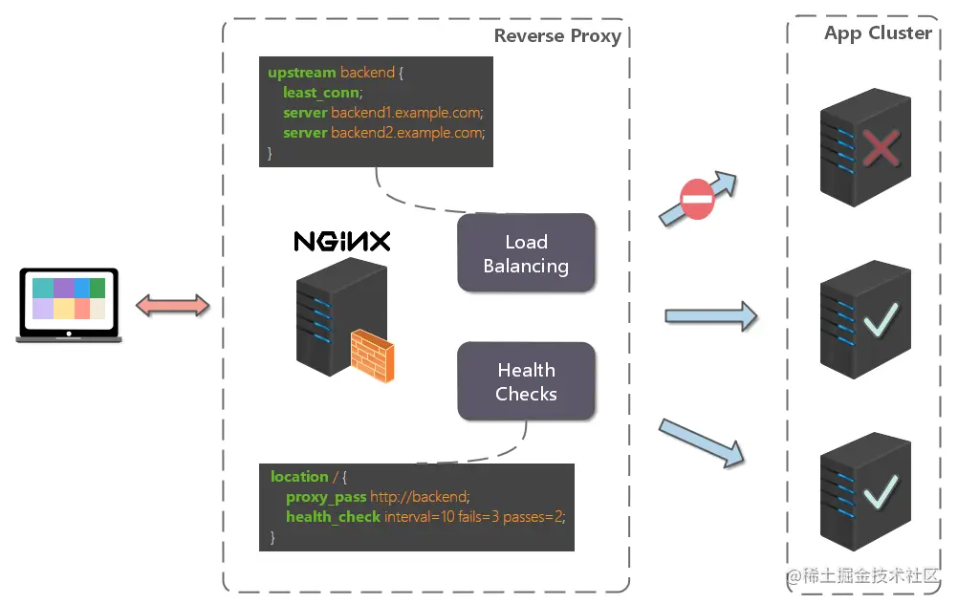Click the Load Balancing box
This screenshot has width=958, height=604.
[526, 253]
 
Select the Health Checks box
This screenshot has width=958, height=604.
[526, 381]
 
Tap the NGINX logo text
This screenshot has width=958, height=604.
[341, 241]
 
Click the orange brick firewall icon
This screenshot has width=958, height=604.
[371, 356]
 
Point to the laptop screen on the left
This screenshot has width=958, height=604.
[68, 299]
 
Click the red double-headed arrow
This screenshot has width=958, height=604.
[172, 306]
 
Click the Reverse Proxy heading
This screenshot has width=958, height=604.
[557, 36]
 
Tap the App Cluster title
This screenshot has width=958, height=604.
[878, 33]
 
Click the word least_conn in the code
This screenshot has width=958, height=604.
[320, 93]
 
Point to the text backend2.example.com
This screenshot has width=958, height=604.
[407, 133]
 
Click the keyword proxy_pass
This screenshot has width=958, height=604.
[325, 497]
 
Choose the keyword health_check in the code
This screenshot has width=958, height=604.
[332, 517]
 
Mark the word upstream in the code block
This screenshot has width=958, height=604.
[301, 73]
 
